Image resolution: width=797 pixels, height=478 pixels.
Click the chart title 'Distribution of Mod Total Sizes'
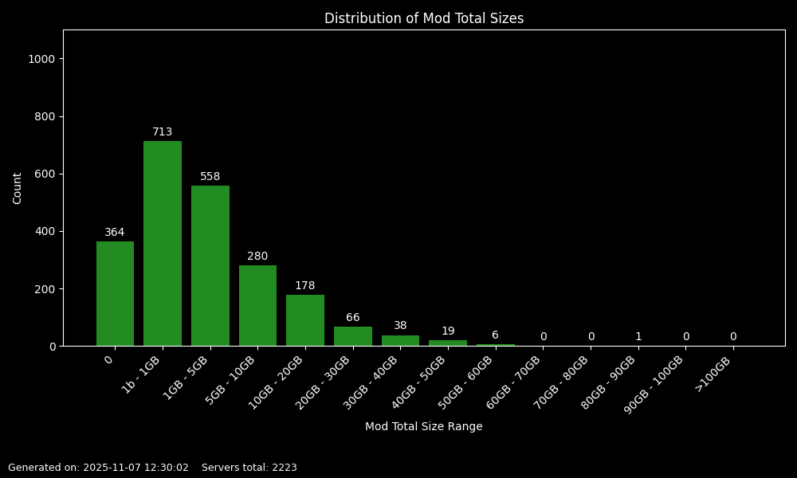(x=423, y=18)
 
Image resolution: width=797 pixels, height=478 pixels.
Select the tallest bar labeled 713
(x=163, y=243)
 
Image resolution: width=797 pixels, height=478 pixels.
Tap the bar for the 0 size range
(x=115, y=293)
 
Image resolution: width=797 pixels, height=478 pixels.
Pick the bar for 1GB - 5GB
(x=210, y=265)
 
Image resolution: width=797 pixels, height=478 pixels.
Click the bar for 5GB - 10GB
(x=257, y=305)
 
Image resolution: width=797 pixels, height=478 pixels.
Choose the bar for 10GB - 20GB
(x=305, y=320)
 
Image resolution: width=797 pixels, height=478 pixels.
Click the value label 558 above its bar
(x=210, y=177)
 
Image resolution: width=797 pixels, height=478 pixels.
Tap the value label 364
(x=115, y=233)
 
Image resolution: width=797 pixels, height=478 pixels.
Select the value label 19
(x=448, y=331)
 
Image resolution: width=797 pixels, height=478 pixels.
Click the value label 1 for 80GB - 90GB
(x=638, y=337)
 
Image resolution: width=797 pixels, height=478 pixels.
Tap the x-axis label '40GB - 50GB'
(x=418, y=382)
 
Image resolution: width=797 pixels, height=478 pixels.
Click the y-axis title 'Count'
(x=18, y=188)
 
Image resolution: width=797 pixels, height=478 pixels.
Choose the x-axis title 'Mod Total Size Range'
(x=423, y=427)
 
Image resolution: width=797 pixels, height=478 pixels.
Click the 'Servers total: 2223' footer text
(x=249, y=468)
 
